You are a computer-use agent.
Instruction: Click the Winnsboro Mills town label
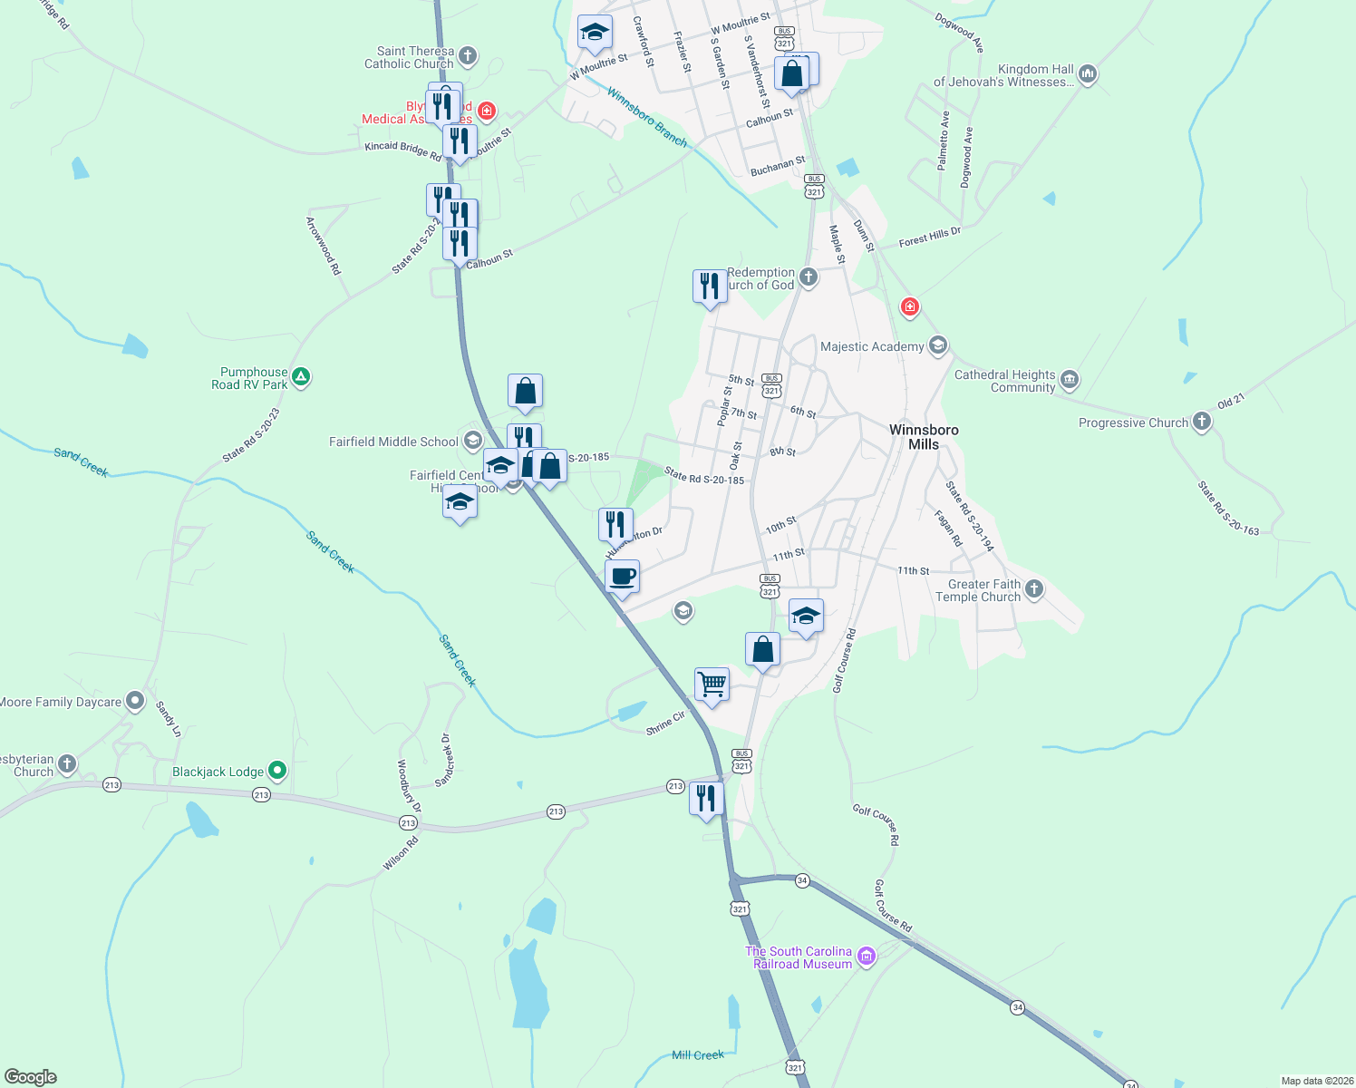tap(924, 437)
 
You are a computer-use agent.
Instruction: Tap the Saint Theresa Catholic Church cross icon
tap(468, 56)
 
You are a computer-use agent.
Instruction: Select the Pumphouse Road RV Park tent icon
tap(302, 377)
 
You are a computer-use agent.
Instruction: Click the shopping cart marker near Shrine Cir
tap(712, 685)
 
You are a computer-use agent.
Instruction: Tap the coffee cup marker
tap(622, 577)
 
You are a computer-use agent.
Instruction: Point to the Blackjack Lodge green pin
tap(277, 772)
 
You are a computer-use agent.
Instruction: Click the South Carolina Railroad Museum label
tap(799, 957)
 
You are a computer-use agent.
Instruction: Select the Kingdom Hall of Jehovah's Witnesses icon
tap(1088, 74)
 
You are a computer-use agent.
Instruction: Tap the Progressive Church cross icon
tap(1202, 422)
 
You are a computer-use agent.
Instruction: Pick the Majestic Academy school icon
tap(938, 345)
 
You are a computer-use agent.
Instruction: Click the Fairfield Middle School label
tap(393, 442)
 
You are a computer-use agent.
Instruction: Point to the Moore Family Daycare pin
tap(135, 701)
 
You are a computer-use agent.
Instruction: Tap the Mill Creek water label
tap(698, 1054)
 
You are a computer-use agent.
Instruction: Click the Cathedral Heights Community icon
tap(1070, 380)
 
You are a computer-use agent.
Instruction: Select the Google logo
tap(30, 1076)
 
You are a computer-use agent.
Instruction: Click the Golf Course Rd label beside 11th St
tap(843, 660)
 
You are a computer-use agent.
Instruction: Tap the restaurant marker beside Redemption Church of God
tap(710, 287)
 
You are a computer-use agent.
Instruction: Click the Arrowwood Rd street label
tap(323, 246)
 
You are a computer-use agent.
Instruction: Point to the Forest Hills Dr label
tap(929, 238)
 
